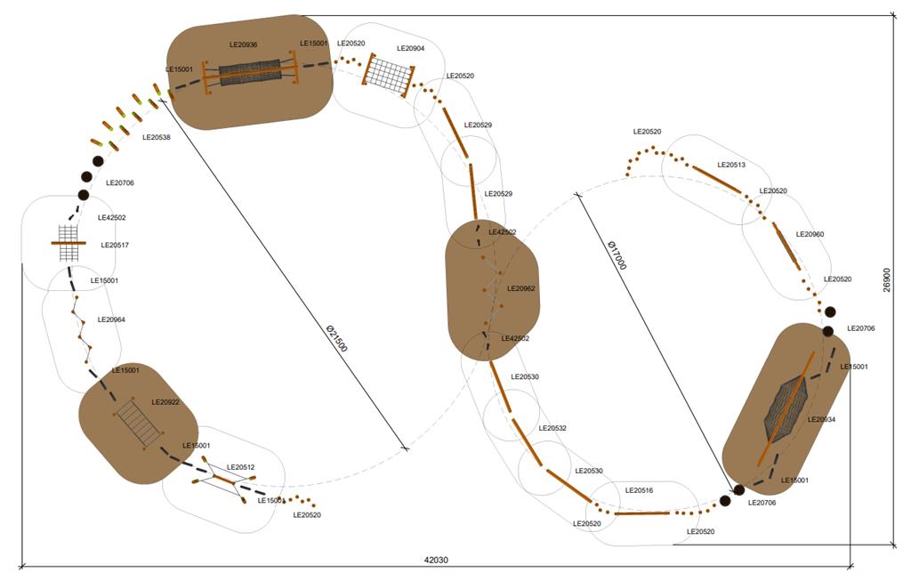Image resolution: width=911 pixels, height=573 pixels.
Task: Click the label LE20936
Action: tap(243, 44)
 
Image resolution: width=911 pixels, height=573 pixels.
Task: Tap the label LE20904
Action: tap(410, 49)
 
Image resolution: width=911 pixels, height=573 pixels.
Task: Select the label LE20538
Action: tap(157, 137)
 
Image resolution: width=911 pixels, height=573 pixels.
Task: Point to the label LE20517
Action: tap(115, 245)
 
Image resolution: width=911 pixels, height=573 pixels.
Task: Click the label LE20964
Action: tap(111, 319)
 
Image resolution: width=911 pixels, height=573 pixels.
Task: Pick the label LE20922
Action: tap(165, 402)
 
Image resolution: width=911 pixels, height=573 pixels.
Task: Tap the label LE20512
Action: tap(240, 467)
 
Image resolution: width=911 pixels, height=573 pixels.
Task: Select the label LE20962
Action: tap(521, 288)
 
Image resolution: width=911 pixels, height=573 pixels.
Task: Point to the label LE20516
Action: tap(639, 490)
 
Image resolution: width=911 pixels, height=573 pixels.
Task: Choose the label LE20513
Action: tap(731, 165)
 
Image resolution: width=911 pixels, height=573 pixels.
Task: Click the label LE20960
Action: tap(810, 234)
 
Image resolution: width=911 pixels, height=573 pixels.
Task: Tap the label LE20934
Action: tap(821, 419)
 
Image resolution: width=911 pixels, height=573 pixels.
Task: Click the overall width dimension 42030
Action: tap(436, 560)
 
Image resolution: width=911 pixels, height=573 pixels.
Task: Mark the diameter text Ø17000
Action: tap(617, 254)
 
